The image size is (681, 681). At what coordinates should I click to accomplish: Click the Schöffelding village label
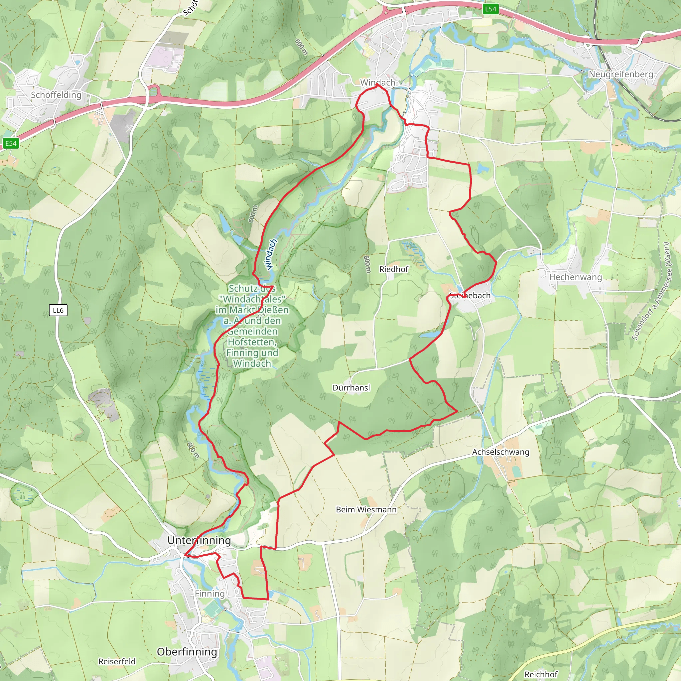click(56, 95)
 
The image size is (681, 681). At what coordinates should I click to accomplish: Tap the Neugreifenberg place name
click(621, 74)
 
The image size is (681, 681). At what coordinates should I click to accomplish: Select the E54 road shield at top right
click(490, 9)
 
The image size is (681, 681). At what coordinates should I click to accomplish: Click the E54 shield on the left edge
click(11, 143)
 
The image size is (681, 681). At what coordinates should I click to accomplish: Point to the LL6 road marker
click(58, 310)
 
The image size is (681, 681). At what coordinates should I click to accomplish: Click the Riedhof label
click(393, 269)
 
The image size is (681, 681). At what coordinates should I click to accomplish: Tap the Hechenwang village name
click(575, 277)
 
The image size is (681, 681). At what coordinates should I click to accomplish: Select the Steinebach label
click(470, 296)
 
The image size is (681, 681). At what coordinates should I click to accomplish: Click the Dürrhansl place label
click(351, 388)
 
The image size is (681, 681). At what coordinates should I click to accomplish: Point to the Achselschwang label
click(500, 452)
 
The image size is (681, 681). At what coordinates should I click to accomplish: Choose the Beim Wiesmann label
click(366, 510)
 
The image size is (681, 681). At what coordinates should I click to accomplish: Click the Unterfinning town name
click(199, 540)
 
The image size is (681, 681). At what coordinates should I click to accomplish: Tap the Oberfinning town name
click(187, 652)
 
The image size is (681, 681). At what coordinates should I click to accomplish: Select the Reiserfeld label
click(117, 662)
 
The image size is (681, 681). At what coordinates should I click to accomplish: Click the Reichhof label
click(541, 674)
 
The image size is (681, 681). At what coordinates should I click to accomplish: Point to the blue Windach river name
click(271, 254)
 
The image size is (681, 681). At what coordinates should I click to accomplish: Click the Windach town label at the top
click(377, 82)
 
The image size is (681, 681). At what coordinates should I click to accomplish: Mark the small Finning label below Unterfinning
click(210, 594)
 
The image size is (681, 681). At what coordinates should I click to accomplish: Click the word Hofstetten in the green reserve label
click(252, 342)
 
